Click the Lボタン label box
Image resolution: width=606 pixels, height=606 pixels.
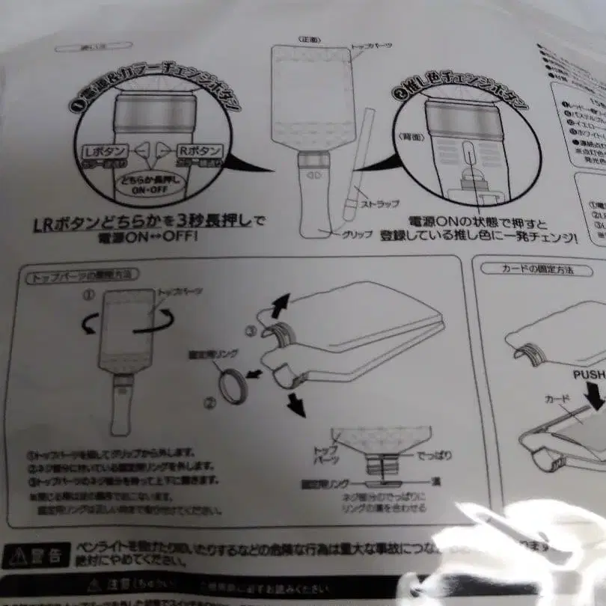coord(105,151)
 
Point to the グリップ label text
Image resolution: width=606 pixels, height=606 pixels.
coord(357,234)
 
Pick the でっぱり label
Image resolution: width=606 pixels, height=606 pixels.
coord(433,454)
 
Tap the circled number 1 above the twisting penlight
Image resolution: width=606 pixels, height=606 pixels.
coord(89,294)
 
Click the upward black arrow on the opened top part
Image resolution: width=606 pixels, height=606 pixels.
coord(280,303)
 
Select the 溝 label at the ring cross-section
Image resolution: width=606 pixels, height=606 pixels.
coord(429,486)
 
